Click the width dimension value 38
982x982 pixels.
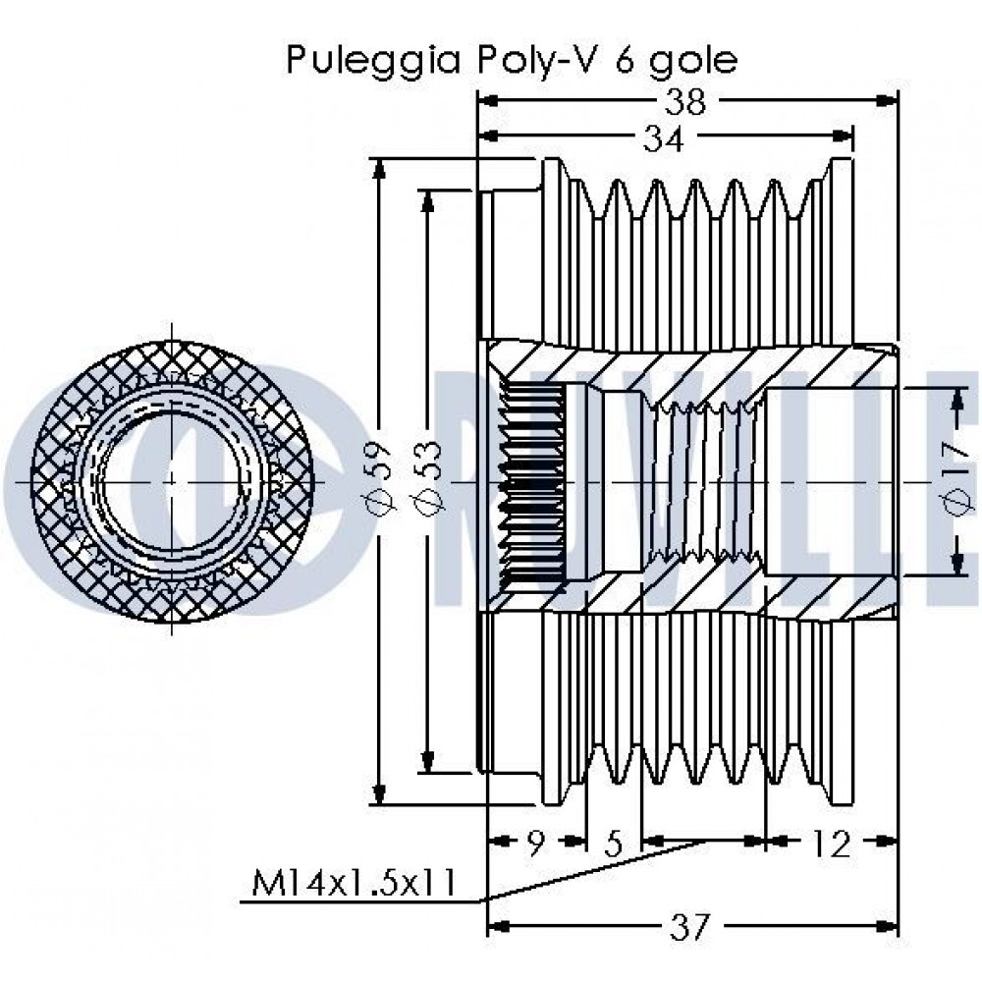(x=685, y=102)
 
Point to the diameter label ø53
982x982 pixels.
(x=428, y=480)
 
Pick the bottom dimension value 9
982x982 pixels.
(x=535, y=844)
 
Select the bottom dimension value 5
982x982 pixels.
(x=613, y=844)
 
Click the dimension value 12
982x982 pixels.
(x=831, y=844)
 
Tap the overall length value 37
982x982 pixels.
(x=691, y=927)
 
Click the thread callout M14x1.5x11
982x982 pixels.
(x=354, y=883)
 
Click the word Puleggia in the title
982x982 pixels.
(x=374, y=62)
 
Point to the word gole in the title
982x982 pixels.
(x=693, y=62)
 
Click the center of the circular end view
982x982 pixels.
(x=171, y=481)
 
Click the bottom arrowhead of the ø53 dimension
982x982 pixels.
(x=428, y=763)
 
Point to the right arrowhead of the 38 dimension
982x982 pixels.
(x=887, y=100)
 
